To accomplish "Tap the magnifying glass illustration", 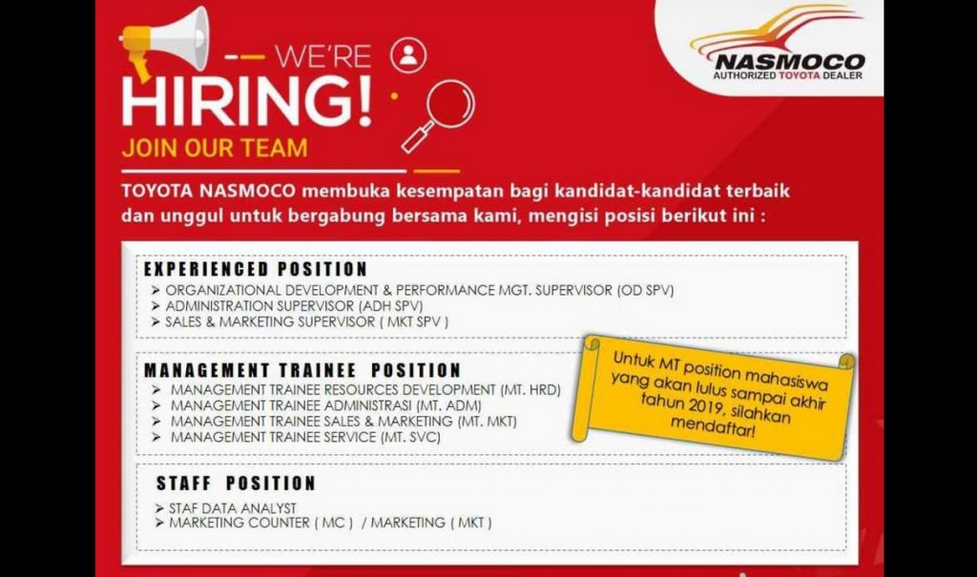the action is [x=439, y=116].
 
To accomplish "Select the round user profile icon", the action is [x=408, y=54].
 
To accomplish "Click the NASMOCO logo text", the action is [x=789, y=62].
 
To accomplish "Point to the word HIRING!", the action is [x=247, y=100].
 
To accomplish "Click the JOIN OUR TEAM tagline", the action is [x=215, y=148].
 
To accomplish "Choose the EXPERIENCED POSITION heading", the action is [x=256, y=269].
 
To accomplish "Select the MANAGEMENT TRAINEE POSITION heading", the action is [x=302, y=370].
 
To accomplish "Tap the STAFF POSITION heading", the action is [x=237, y=483].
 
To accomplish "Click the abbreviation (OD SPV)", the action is [x=646, y=290].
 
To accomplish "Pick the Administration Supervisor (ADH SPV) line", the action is [x=294, y=306].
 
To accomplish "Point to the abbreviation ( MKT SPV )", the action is [x=414, y=322].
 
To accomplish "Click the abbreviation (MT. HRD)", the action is [x=530, y=390].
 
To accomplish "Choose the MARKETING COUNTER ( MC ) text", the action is [x=260, y=523].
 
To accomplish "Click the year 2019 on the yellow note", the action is [x=707, y=405].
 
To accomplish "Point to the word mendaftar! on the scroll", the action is [x=714, y=426].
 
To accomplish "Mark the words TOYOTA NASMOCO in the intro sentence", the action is [x=209, y=191].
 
